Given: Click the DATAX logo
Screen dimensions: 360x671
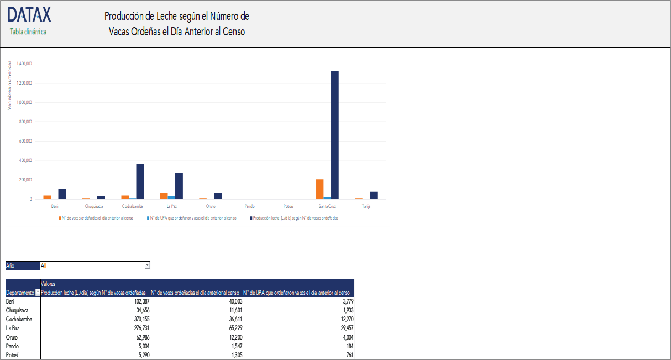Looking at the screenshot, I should point(29,15).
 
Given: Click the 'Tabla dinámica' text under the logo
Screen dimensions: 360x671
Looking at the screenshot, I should point(28,32).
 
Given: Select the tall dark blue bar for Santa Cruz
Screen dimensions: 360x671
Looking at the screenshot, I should point(334,135).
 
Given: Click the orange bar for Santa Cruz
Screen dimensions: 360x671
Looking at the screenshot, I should point(319,189).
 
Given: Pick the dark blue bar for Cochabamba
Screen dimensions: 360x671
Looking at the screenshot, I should point(140,181).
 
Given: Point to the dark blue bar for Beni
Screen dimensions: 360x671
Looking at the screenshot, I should point(62,194).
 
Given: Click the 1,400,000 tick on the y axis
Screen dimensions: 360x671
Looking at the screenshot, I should point(24,64).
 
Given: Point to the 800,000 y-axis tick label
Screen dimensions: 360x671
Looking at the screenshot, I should point(25,122).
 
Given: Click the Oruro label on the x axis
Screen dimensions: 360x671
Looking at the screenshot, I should point(211,206).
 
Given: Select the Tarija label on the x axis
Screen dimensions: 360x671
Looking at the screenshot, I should point(366,206).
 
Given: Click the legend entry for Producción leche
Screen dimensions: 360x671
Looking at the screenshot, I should point(295,218).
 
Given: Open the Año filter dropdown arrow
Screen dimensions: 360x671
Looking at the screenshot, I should point(147,265).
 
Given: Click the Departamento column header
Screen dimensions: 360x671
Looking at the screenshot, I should point(20,293).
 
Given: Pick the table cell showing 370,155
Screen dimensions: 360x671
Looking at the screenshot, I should point(136,319).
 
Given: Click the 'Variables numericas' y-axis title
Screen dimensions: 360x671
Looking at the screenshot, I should point(9,86).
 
